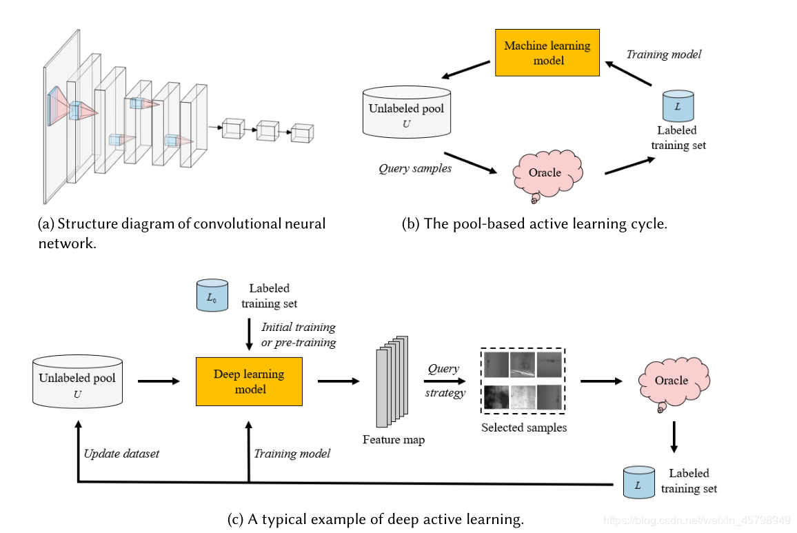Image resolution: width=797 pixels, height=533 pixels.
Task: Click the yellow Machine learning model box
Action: (547, 53)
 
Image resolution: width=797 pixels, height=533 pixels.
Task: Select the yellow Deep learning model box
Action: (249, 381)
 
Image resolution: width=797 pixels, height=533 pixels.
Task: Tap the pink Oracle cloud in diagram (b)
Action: (545, 172)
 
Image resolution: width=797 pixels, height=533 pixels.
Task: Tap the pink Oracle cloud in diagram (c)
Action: (671, 381)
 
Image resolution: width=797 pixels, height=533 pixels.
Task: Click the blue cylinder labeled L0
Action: (212, 295)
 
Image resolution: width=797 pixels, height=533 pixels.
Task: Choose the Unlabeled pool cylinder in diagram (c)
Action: (77, 381)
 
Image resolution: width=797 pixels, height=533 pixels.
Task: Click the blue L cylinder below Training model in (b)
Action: (677, 105)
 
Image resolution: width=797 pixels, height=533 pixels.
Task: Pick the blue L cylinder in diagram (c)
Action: (637, 483)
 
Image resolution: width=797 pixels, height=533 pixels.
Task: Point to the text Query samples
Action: (415, 168)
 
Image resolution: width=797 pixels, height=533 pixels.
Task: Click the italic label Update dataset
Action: (121, 454)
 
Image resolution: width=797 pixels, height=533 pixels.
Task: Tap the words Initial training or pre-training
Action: (298, 334)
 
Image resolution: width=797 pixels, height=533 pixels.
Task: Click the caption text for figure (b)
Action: (534, 223)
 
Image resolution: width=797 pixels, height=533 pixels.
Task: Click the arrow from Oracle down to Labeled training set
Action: (674, 438)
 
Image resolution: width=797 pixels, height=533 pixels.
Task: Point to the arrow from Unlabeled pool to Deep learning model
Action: (159, 381)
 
